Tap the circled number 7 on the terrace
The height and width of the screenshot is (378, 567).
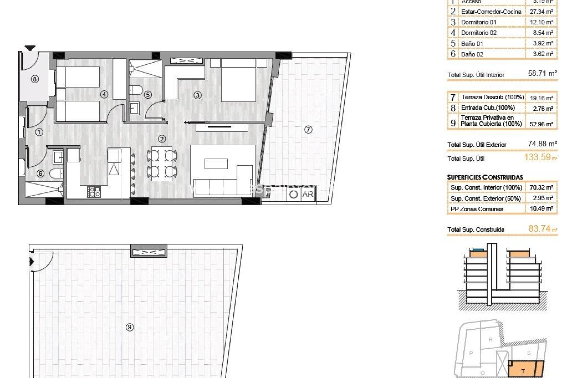[x=308, y=129]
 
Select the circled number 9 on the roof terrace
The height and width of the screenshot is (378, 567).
[x=129, y=327]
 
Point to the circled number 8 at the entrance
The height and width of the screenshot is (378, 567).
[x=35, y=79]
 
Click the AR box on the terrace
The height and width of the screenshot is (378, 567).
[x=308, y=194]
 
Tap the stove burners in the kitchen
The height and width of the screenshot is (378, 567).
[x=94, y=192]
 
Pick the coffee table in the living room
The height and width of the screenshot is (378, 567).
[x=216, y=164]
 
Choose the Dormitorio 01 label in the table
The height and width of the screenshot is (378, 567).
[x=478, y=22]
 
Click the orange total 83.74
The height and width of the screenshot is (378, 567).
[x=539, y=228]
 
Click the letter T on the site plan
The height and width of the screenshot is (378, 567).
[x=523, y=371]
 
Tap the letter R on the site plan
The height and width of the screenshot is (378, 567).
[x=491, y=340]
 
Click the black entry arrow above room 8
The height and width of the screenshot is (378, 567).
[x=30, y=48]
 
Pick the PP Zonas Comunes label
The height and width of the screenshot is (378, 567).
[x=477, y=209]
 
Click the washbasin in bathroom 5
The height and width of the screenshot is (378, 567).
[x=135, y=108]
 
